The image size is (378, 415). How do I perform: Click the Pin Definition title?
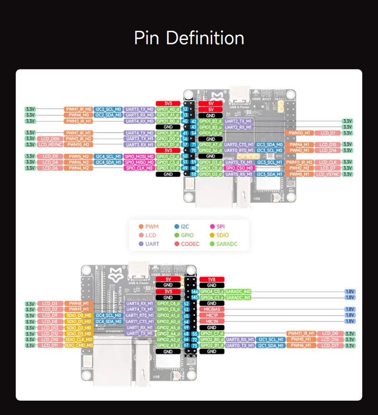coord(189,38)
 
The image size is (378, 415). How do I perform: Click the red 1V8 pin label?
coord(212,279)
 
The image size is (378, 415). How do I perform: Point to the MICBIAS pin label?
coord(212,309)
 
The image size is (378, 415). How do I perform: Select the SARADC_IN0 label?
coord(239,292)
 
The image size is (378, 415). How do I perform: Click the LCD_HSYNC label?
coord(50,144)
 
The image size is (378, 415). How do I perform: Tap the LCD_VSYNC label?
coord(328,174)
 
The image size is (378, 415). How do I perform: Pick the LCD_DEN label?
coord(50,139)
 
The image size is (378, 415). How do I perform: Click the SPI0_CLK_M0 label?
coord(139,168)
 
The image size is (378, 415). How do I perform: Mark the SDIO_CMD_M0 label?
coord(78,346)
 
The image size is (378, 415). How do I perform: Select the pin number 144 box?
coord(194,292)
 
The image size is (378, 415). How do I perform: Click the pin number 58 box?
coord(193,174)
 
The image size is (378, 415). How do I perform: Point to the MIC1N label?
coord(212,321)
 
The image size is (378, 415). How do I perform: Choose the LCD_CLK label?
coord(328,162)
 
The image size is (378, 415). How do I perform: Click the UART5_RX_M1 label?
coord(239,174)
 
